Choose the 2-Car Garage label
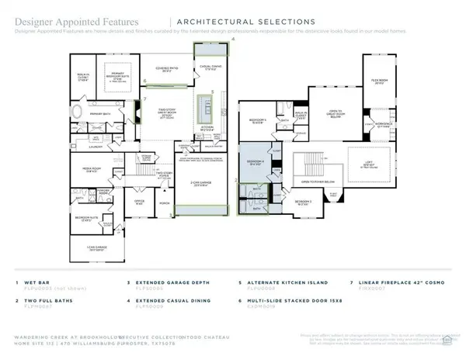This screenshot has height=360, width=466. point(203,185)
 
